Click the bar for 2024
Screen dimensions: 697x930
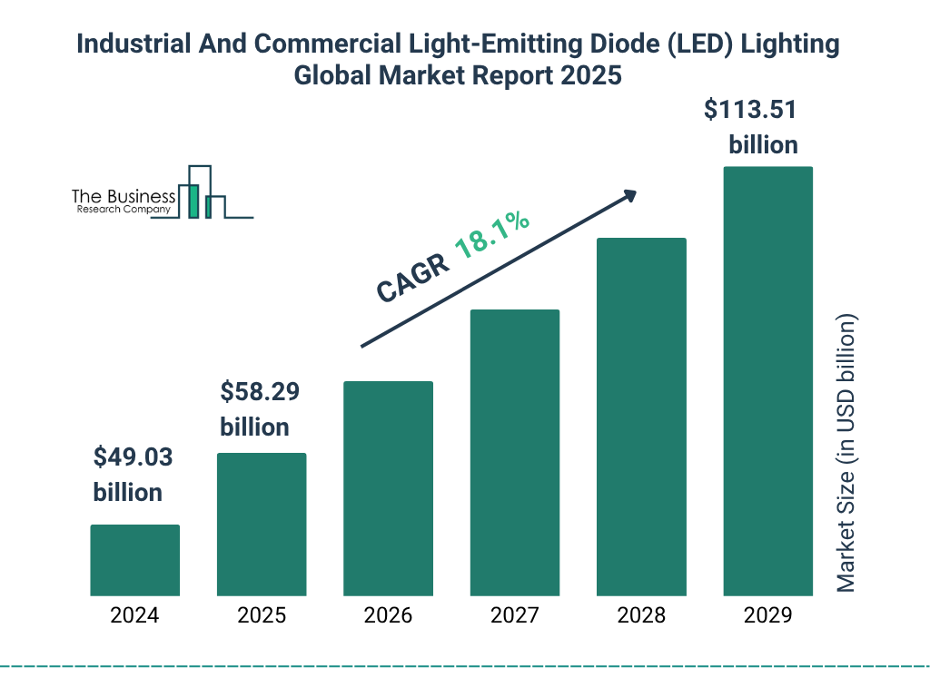point(134,560)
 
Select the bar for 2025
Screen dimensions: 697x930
point(262,524)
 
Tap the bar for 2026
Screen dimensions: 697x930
point(388,488)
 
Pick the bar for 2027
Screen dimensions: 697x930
point(514,452)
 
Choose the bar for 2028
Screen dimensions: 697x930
point(641,417)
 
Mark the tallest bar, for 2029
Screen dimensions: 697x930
point(767,381)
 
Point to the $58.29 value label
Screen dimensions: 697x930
point(259,393)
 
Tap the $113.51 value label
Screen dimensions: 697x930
point(751,111)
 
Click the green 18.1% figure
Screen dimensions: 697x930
point(492,235)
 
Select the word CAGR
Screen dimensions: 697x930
point(412,278)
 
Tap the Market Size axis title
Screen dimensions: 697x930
point(846,453)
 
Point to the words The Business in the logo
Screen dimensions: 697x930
point(124,196)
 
